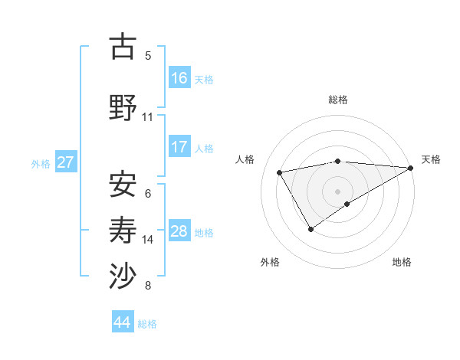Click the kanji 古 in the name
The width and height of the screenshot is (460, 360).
(123, 47)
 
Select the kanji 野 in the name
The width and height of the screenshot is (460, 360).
(123, 107)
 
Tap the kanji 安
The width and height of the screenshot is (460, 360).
(123, 184)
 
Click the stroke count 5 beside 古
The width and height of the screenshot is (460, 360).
(148, 56)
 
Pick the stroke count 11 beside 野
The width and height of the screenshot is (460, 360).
(148, 117)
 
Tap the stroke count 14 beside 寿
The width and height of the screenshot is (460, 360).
(148, 240)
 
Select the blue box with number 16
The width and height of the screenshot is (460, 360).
(179, 77)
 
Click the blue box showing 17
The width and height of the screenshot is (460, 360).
(179, 147)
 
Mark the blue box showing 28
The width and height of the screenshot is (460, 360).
(179, 231)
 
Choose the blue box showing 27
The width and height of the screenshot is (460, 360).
(66, 162)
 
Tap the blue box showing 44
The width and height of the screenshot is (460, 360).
(123, 322)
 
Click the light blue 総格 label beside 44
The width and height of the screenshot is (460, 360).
(147, 324)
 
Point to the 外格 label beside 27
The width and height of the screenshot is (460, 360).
(40, 163)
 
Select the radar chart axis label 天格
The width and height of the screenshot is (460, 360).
(431, 159)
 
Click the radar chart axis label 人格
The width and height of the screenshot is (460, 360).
(245, 159)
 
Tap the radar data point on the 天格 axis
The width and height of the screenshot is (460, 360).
(412, 167)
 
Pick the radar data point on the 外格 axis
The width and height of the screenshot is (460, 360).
(310, 229)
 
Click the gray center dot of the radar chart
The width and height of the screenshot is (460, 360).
(337, 191)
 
